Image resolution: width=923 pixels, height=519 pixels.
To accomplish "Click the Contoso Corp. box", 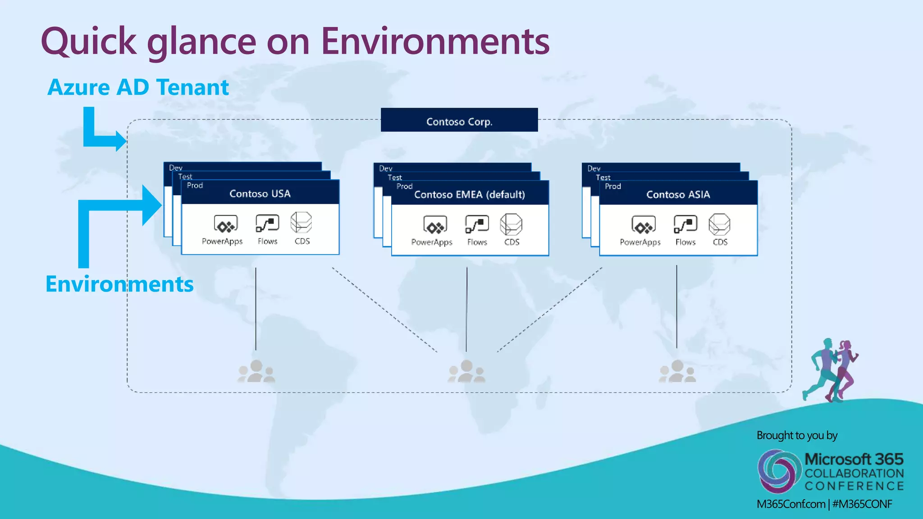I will (459, 120).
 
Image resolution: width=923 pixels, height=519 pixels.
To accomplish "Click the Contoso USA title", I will (260, 194).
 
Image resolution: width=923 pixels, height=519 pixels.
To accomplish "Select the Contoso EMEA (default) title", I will (470, 195).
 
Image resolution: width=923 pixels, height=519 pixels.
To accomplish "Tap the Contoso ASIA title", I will (678, 195).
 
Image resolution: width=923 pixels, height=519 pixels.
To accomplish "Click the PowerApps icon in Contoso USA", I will (225, 224).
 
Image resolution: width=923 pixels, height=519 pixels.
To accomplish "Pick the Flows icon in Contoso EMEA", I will (477, 224).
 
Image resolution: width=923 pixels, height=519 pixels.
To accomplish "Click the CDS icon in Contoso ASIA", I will (719, 224).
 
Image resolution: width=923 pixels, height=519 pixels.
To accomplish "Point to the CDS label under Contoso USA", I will (302, 241).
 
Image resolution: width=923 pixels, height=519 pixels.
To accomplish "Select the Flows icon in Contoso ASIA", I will (685, 224).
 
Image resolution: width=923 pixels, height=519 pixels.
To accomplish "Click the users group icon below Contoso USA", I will (256, 371).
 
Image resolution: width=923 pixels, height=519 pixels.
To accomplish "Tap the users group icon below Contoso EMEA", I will (466, 372).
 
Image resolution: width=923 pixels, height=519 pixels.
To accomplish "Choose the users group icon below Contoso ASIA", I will (677, 372).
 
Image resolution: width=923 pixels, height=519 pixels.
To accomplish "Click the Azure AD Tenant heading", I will (138, 87).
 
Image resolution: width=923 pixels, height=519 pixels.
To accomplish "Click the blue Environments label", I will (119, 284).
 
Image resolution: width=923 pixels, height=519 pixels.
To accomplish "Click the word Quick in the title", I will (88, 41).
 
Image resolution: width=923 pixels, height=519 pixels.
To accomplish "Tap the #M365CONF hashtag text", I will (862, 504).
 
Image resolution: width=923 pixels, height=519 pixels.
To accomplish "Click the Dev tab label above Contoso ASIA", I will (594, 168).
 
